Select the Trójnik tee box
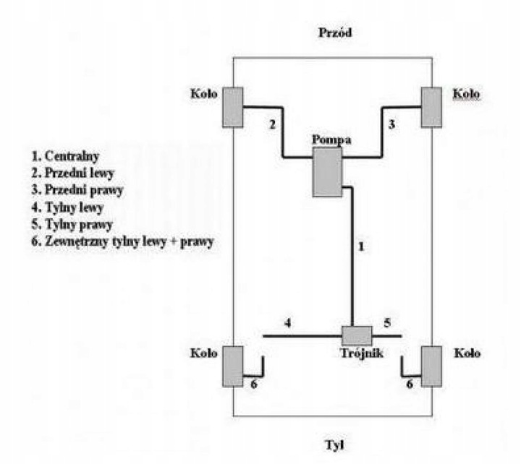[356, 335]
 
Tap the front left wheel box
[233, 107]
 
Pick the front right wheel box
[431, 107]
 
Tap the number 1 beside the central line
[360, 246]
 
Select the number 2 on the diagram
[272, 124]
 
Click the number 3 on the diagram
[391, 124]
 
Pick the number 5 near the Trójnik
[386, 323]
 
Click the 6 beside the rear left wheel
[253, 384]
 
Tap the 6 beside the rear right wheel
[410, 384]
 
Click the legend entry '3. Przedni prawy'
[78, 191]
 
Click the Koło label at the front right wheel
[466, 94]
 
